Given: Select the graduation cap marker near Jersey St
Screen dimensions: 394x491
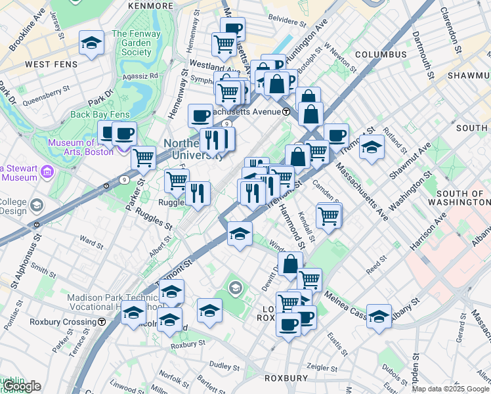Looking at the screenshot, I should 91,43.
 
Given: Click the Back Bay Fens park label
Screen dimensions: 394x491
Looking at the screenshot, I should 100,114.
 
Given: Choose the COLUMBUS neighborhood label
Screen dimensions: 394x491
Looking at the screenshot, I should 381,55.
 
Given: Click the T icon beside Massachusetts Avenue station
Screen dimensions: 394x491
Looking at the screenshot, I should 287,112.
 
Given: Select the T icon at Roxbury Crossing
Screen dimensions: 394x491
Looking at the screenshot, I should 102,322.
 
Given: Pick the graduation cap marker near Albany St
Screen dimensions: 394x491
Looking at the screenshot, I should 379,316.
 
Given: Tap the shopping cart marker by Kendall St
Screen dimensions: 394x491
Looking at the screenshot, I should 328,215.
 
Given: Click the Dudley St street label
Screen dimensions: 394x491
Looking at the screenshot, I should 224,365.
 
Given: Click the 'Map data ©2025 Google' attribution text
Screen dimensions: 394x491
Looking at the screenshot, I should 450,389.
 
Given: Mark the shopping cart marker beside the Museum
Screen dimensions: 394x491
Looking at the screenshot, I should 143,158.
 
